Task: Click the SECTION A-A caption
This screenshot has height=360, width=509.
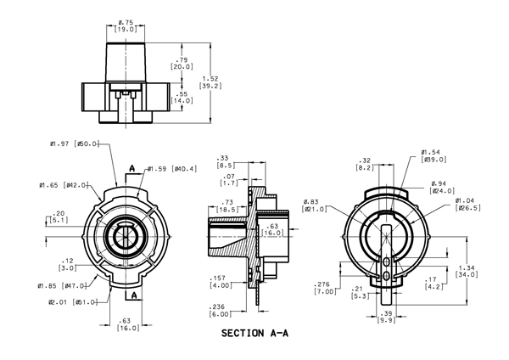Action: point(255,333)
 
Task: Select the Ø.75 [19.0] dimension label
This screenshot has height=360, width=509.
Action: point(126,26)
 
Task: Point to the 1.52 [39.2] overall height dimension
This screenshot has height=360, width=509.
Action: point(210,82)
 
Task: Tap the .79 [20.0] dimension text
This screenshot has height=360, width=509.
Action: point(182,64)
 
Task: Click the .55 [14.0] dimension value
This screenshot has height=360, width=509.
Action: point(182,98)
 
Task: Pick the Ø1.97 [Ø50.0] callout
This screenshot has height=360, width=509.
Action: point(75,143)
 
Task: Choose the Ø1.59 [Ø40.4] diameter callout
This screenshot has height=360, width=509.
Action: point(172,169)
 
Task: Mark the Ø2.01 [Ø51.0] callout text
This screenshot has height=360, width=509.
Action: point(73,302)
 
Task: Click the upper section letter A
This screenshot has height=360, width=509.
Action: point(131,168)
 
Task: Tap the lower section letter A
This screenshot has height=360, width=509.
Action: point(134,295)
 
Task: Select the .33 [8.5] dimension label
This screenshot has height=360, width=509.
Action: point(226,162)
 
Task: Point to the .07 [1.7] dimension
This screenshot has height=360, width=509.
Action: point(229,180)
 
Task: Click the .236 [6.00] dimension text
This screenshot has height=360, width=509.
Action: point(221,311)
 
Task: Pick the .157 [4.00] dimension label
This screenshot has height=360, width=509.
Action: point(221,282)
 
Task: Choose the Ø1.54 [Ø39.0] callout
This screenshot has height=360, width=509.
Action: point(433,156)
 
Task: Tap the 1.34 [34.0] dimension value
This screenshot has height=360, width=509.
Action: point(467,272)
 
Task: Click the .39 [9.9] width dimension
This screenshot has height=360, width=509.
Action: point(386,317)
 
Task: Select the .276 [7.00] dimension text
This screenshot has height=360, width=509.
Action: point(325,288)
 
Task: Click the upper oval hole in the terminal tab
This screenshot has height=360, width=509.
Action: point(386,262)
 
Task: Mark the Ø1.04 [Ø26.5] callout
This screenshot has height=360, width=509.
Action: point(467,205)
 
